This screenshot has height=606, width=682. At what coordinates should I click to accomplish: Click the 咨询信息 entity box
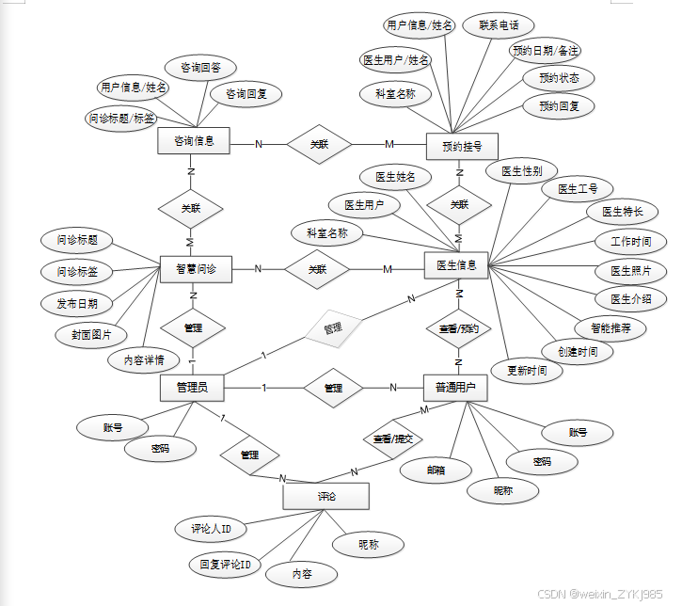pyautogui.click(x=194, y=142)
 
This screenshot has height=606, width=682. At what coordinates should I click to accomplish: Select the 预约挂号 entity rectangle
pyautogui.click(x=461, y=146)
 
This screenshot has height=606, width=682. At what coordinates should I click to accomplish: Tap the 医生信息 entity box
pyautogui.click(x=457, y=266)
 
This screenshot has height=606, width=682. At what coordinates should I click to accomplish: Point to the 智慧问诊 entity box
pyautogui.click(x=196, y=268)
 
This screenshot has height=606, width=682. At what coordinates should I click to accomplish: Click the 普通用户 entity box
pyautogui.click(x=455, y=387)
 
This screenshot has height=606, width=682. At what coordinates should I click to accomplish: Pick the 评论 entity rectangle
pyautogui.click(x=325, y=496)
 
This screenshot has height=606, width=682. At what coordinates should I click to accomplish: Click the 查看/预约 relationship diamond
pyautogui.click(x=459, y=329)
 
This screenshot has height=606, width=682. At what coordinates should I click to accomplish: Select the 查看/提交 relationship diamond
pyautogui.click(x=393, y=439)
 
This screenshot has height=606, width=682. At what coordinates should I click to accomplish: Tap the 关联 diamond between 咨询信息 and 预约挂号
pyautogui.click(x=321, y=144)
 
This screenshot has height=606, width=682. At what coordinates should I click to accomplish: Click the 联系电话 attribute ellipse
pyautogui.click(x=499, y=25)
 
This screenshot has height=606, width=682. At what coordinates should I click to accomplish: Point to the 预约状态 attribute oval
pyautogui.click(x=559, y=77)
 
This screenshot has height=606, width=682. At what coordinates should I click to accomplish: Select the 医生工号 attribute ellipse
pyautogui.click(x=578, y=189)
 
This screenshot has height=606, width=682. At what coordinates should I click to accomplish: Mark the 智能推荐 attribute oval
pyautogui.click(x=611, y=328)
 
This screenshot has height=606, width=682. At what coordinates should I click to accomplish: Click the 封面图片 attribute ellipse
pyautogui.click(x=91, y=334)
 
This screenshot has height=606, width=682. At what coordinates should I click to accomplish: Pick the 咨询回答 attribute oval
pyautogui.click(x=200, y=68)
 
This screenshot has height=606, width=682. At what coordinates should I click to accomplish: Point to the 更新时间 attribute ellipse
pyautogui.click(x=527, y=371)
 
